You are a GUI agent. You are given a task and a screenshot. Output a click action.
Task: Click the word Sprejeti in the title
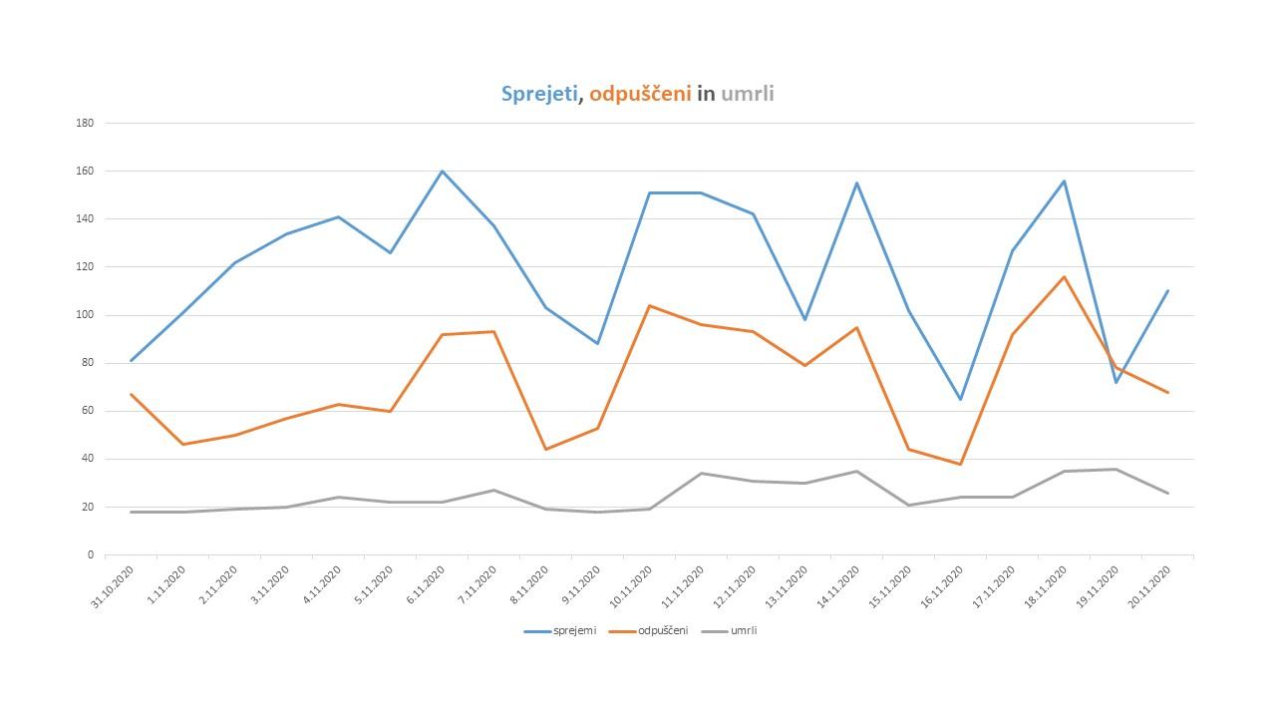coord(538,95)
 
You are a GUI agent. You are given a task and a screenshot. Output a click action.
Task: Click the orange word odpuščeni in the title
coord(640,95)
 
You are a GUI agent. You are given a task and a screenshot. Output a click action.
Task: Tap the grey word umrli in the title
coord(748,95)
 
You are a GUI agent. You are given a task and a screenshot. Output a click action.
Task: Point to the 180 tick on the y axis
coord(85,123)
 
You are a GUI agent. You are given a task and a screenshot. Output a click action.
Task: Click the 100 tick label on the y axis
coord(85,315)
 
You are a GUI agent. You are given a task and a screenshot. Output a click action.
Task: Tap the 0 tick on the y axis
coord(91,554)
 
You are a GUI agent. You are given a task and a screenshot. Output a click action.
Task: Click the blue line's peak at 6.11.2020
coord(442,171)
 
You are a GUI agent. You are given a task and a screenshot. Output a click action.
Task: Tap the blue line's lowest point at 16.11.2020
coord(960,399)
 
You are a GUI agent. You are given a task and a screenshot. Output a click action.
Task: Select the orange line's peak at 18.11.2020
coord(1064,276)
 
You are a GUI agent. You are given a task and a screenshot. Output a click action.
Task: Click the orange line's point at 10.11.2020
coord(649,305)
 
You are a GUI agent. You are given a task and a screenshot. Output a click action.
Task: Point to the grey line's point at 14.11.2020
coord(856,471)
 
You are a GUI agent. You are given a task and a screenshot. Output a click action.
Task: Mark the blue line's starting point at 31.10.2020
coord(131,360)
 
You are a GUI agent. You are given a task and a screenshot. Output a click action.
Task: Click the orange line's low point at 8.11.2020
coord(545,449)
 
